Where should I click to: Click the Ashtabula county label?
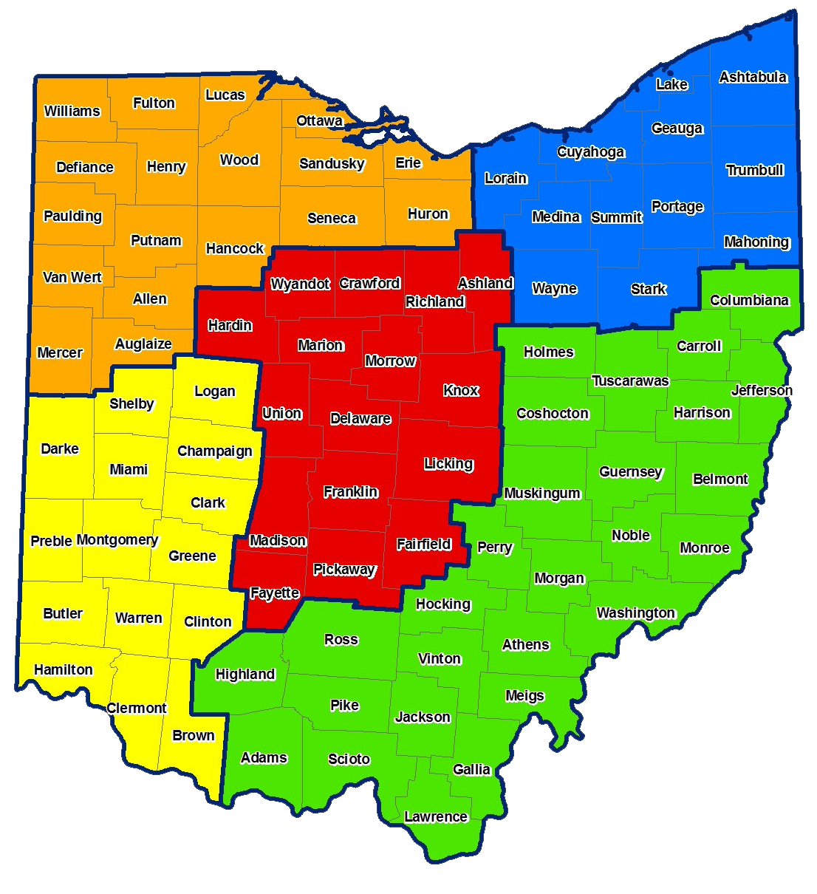[753, 77]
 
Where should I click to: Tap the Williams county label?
[72, 111]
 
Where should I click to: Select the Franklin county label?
[351, 491]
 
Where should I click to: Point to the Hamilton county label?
[64, 669]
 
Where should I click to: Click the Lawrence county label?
[436, 816]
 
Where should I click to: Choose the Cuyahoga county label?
[591, 151]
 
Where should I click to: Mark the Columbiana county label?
[749, 300]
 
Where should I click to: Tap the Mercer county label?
[60, 352]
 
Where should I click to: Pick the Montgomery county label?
[117, 539]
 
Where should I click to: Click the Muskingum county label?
[542, 493]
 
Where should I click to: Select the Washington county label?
[635, 613]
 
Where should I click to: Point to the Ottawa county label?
[319, 120]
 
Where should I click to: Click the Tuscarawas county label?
[630, 381]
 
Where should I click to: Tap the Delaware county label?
[360, 418]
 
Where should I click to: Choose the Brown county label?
[194, 735]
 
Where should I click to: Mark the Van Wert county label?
[72, 277]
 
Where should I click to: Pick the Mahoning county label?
[756, 242]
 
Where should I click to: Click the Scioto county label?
[349, 759]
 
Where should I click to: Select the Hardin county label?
[230, 325]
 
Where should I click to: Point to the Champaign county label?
[215, 451]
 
